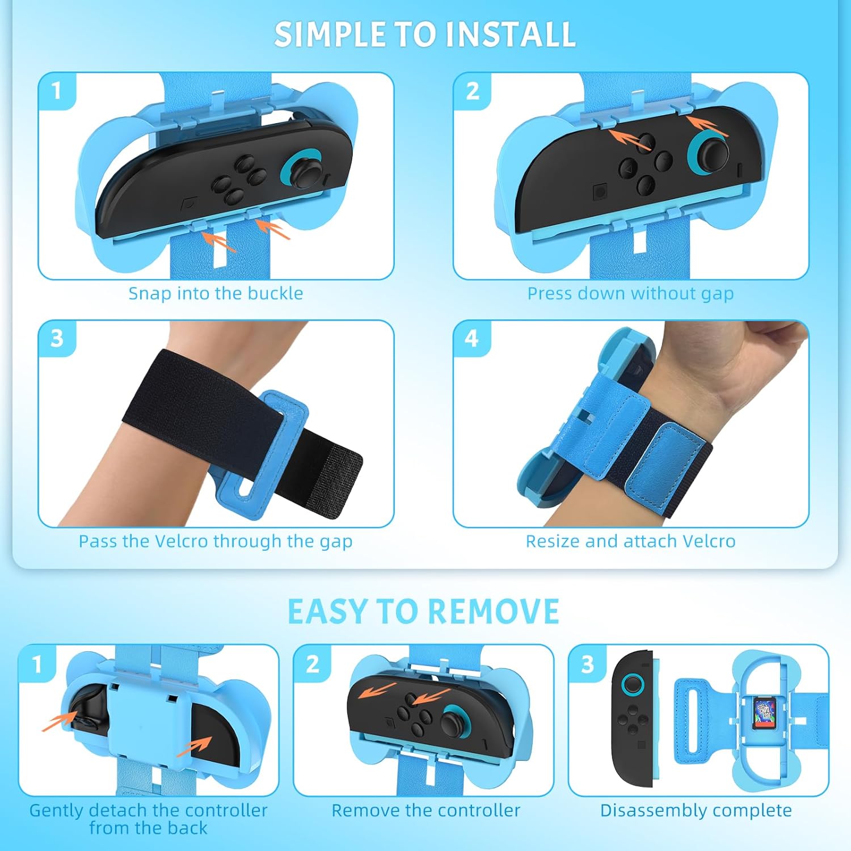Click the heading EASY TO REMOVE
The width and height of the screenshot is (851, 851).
[x=423, y=612]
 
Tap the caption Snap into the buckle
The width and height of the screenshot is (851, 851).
[x=216, y=293]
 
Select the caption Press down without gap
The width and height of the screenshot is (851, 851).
[x=630, y=293]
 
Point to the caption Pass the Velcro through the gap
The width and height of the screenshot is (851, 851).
[x=216, y=541]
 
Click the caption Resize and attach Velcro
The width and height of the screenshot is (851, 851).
[x=630, y=541]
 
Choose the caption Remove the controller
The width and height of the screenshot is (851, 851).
[x=425, y=810]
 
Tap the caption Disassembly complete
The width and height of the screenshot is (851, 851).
[x=696, y=810]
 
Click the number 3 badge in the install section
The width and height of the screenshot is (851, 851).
[x=57, y=339]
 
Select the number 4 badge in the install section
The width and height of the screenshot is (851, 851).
[x=471, y=339]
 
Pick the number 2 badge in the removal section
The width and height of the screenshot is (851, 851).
[x=313, y=664]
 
